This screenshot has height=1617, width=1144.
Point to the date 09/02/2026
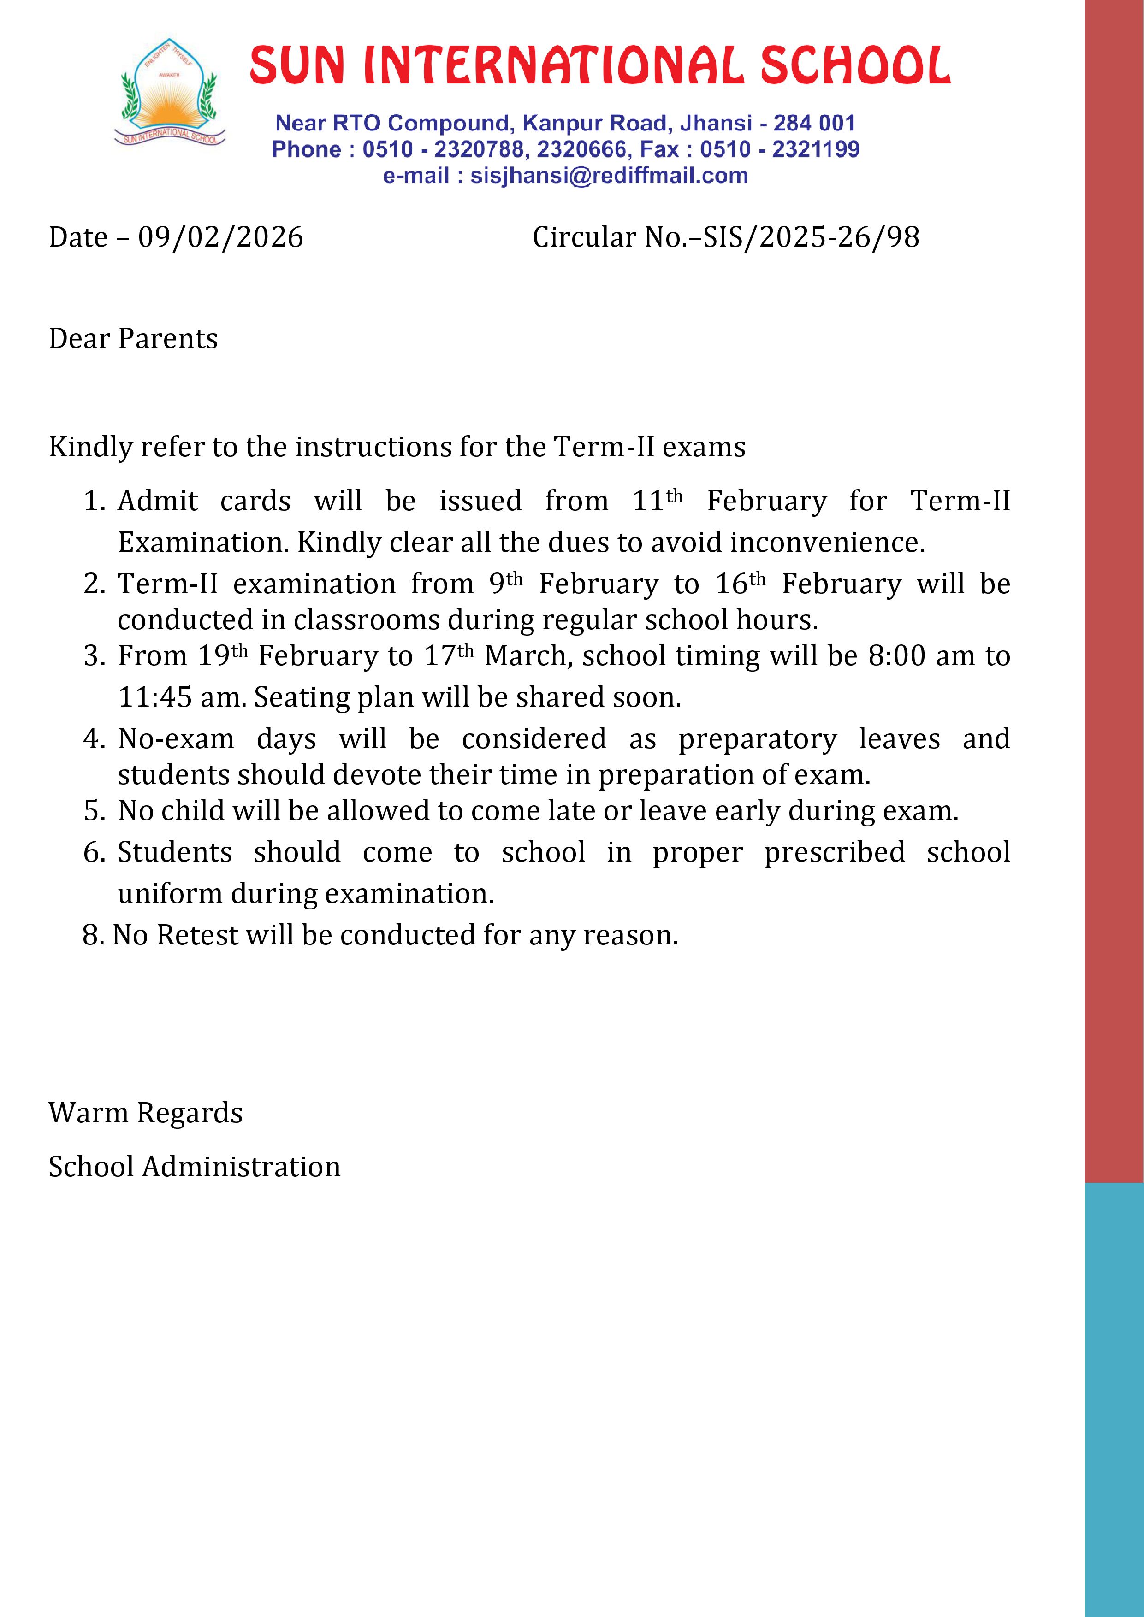(x=220, y=237)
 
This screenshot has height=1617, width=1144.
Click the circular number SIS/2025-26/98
(x=811, y=237)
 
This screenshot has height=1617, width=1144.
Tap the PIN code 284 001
(x=814, y=123)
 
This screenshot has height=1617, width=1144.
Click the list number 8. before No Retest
(x=94, y=935)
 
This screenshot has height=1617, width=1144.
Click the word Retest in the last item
(x=197, y=935)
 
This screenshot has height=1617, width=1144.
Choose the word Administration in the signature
(x=242, y=1167)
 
